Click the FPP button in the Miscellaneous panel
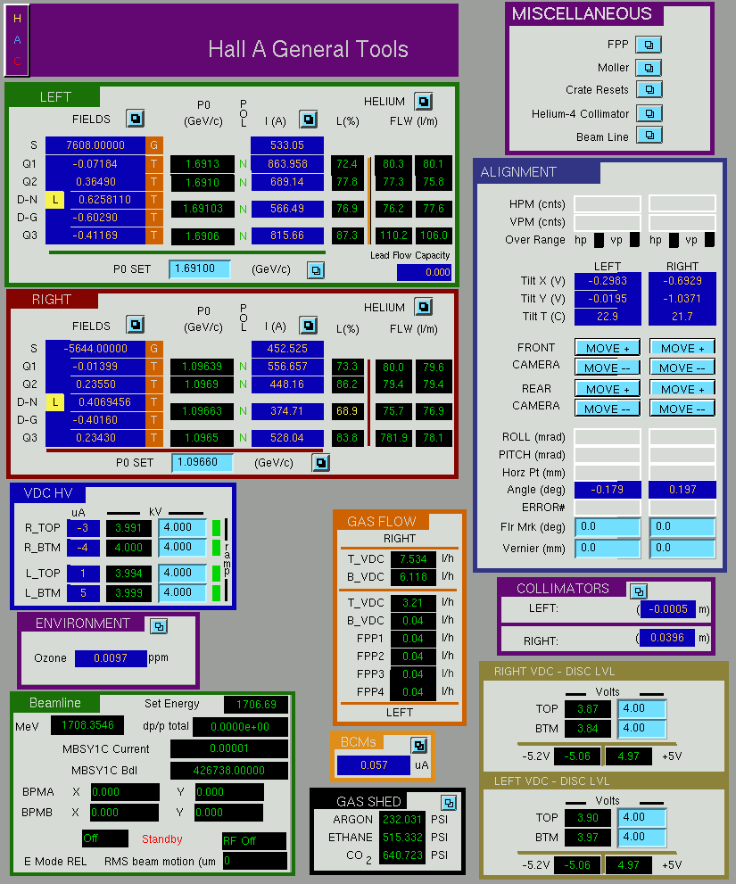pos(649,45)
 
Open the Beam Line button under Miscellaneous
pos(649,136)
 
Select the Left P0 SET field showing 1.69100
pos(200,269)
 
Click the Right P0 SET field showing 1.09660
pos(202,462)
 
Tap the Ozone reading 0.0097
pos(111,658)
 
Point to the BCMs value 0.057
pos(374,765)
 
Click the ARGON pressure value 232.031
pos(402,819)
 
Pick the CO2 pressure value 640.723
pos(402,855)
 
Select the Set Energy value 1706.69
pos(256,704)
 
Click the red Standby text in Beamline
pos(161,839)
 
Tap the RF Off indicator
pos(254,840)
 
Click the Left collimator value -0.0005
pos(668,609)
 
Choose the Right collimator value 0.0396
pos(666,638)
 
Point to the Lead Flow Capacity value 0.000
pos(424,272)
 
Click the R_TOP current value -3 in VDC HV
pos(83,528)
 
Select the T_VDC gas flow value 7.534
pos(413,558)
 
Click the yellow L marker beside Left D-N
pos(54,200)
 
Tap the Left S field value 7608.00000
pos(95,145)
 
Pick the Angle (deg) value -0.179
pos(608,490)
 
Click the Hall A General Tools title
pos(308,49)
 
